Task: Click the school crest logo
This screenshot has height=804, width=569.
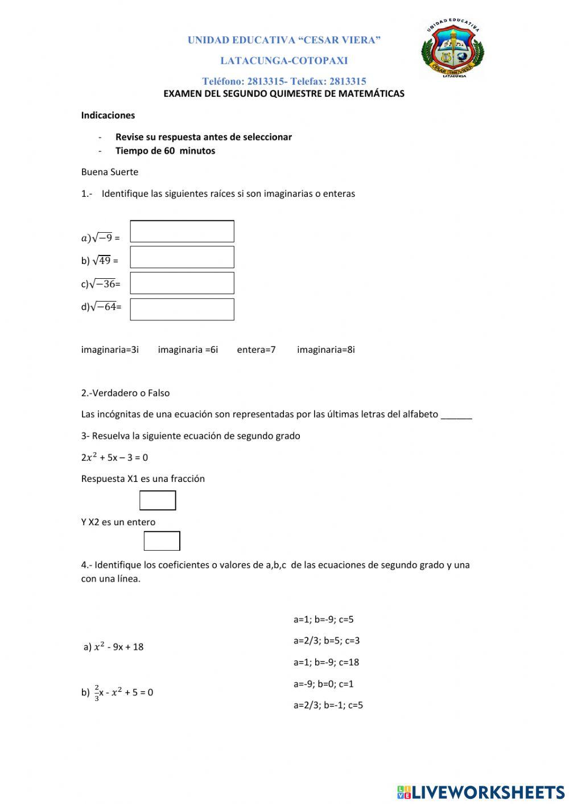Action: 453,48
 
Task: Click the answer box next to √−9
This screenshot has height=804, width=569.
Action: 182,231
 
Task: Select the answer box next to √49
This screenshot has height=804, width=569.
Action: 182,257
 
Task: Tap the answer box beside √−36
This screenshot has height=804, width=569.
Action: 182,283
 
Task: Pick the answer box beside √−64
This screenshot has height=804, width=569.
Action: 182,309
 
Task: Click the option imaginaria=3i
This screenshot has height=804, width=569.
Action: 110,349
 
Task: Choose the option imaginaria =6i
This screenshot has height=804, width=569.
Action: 188,349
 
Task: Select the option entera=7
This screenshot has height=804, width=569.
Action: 256,349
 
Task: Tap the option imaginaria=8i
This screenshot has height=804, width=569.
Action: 325,349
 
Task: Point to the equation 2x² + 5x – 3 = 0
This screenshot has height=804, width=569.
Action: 114,457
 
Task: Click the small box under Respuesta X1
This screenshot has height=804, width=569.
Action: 158,500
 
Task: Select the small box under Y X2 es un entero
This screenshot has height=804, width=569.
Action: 162,541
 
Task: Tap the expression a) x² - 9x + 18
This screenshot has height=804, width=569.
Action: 114,647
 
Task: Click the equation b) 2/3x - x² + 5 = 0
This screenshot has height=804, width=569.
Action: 117,692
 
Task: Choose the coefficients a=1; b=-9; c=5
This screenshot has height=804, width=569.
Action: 323,619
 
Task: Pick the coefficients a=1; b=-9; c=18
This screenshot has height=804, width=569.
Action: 326,662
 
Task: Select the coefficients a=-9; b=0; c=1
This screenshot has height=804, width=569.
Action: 323,684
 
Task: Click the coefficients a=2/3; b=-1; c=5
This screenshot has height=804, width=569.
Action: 328,706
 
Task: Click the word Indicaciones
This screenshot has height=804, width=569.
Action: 108,116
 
